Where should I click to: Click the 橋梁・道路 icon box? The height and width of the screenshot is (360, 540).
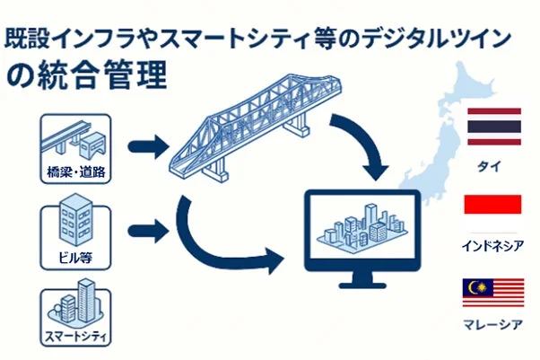click(x=76, y=147)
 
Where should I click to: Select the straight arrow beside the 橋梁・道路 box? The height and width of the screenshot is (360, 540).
click(x=148, y=143)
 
